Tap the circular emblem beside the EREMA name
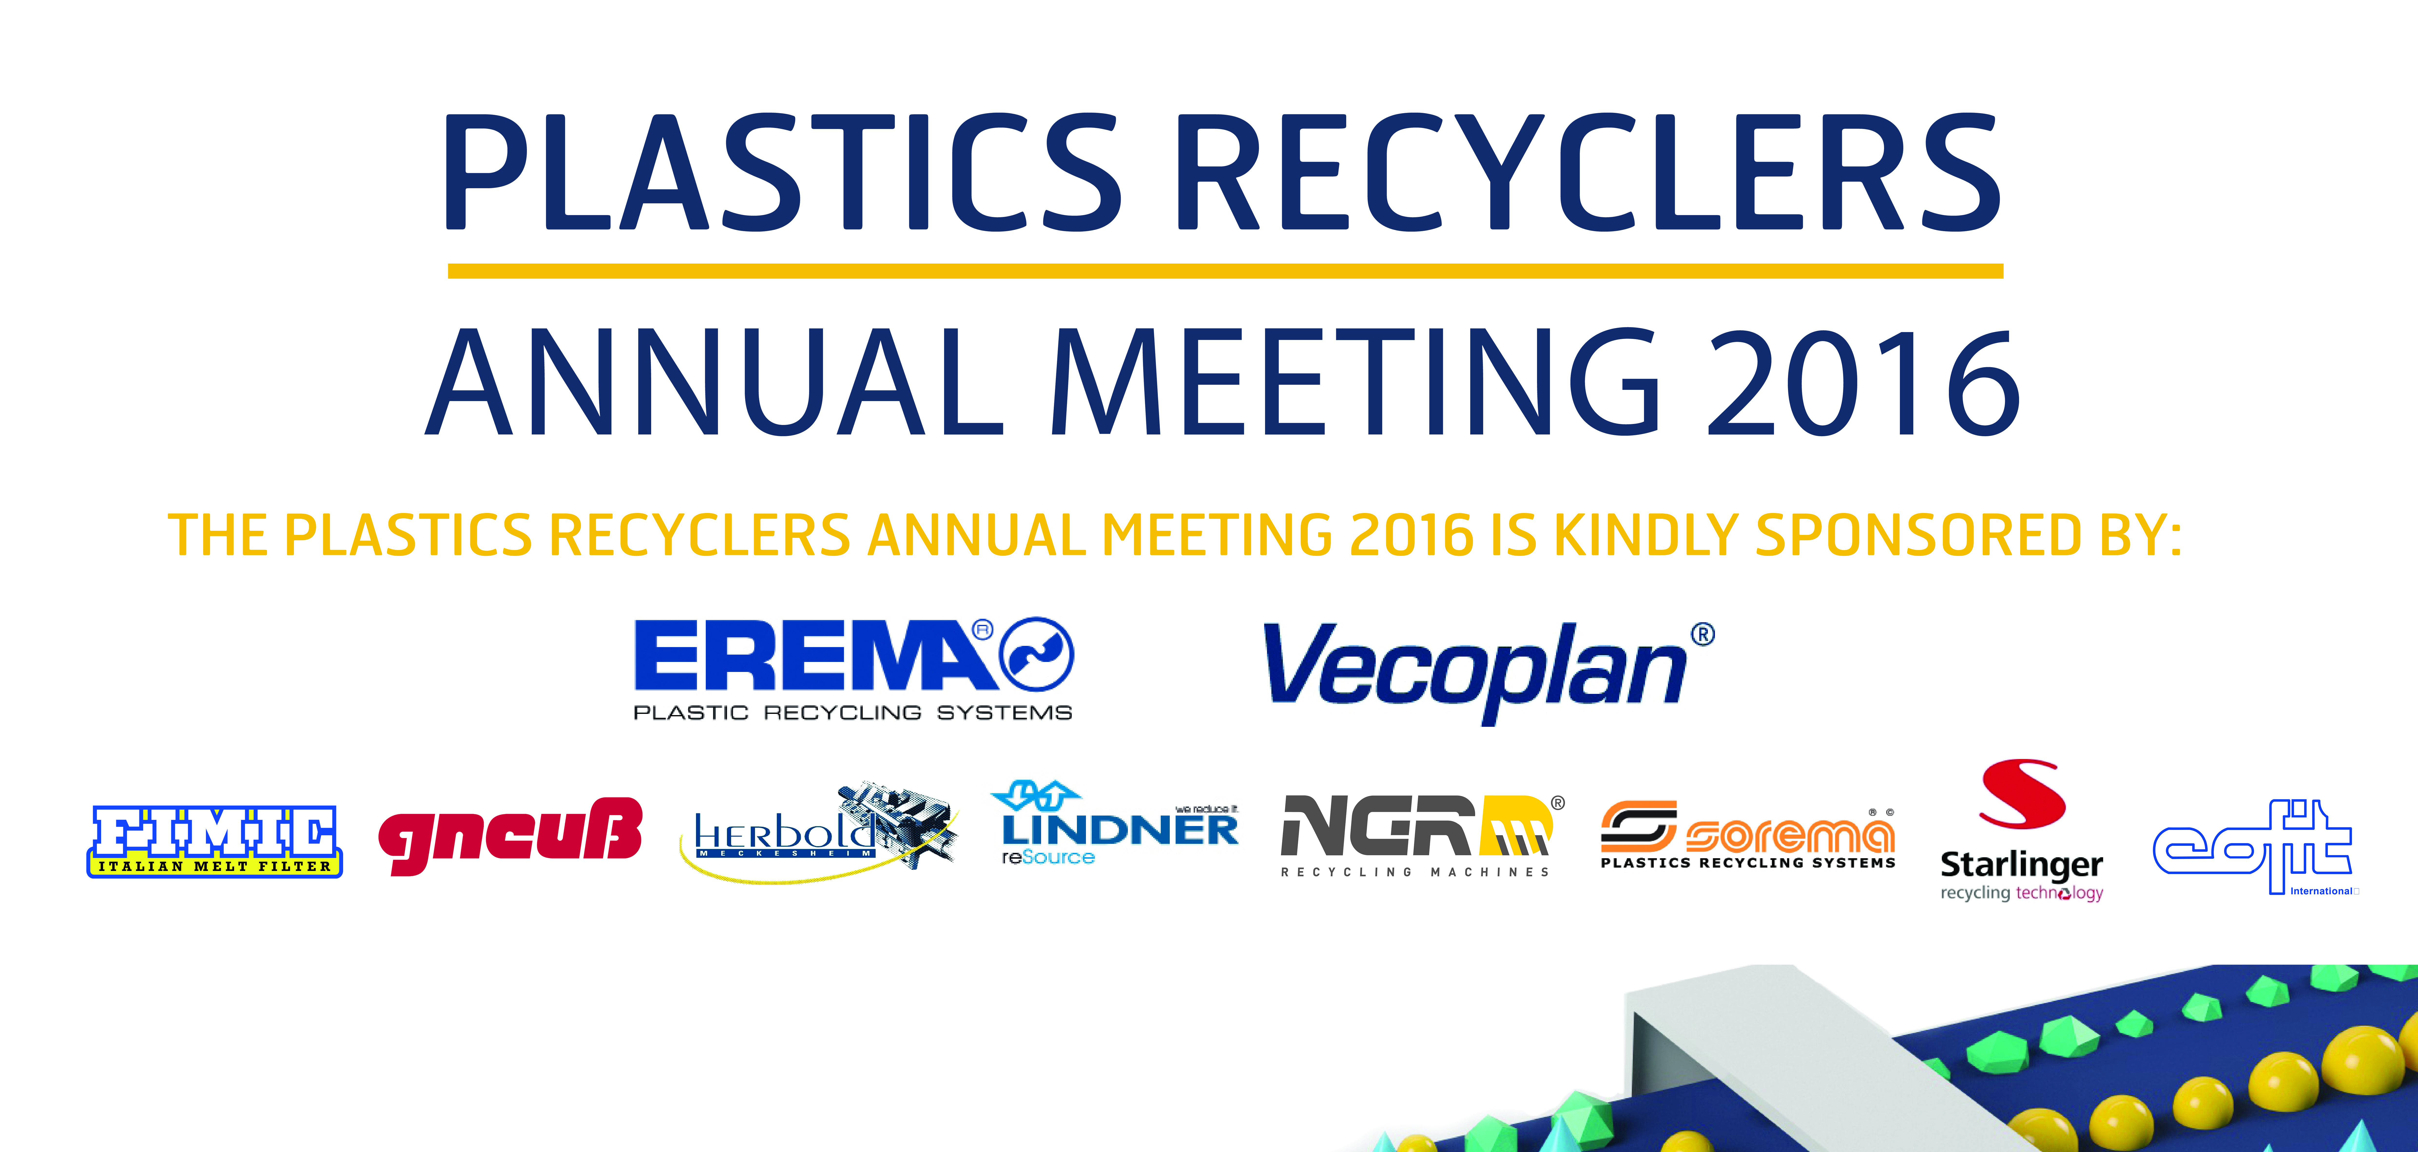pyautogui.click(x=1036, y=654)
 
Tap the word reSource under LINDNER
pyautogui.click(x=1048, y=857)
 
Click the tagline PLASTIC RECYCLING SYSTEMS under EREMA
pyautogui.click(x=852, y=713)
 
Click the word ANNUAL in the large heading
pyautogui.click(x=715, y=382)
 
